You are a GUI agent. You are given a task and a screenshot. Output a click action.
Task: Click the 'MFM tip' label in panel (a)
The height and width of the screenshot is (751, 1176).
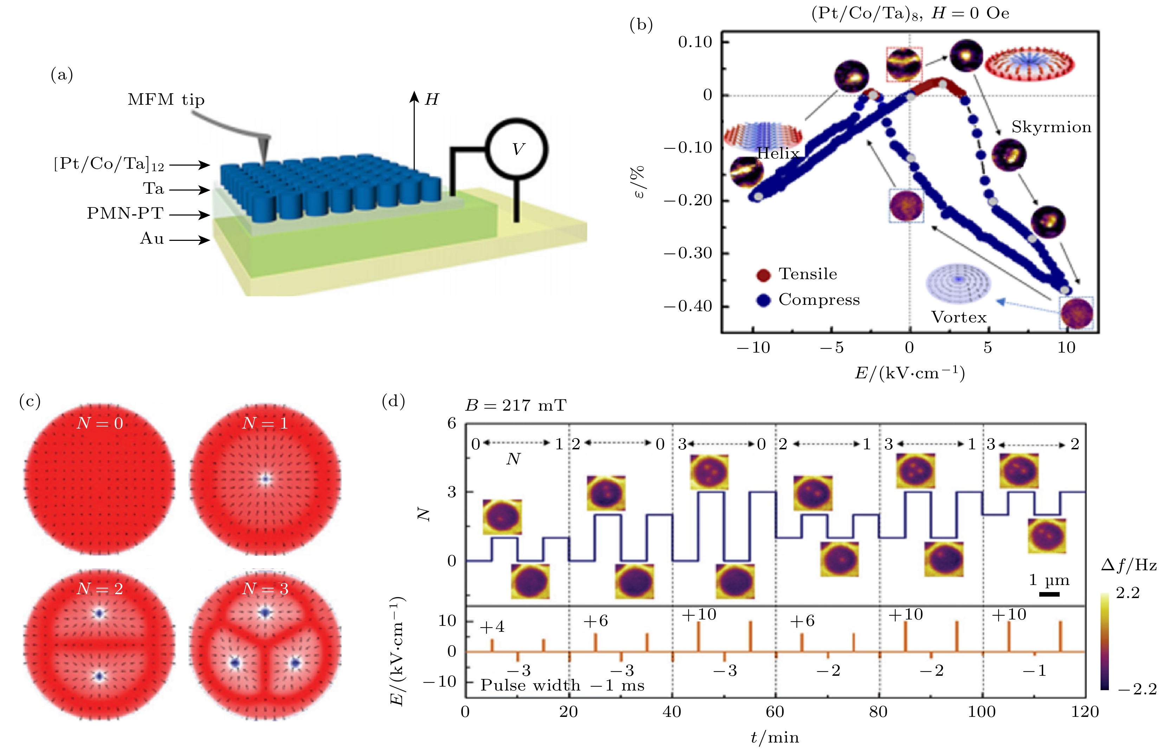(x=166, y=100)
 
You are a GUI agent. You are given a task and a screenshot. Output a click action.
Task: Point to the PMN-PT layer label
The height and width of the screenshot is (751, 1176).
(x=125, y=213)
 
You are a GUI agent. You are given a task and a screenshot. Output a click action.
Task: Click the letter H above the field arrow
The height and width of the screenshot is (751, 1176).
(x=432, y=100)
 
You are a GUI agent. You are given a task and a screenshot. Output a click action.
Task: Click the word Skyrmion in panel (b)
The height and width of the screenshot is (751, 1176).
(x=1051, y=127)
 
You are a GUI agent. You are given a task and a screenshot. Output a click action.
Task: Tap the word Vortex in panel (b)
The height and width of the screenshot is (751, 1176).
(x=959, y=317)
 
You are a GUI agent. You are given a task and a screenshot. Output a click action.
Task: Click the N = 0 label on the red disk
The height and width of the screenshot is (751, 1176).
(x=99, y=423)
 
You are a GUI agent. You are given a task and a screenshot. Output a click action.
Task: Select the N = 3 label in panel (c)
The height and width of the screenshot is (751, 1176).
(x=265, y=589)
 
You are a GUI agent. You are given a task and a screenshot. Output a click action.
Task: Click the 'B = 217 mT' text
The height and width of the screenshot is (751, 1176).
(x=516, y=405)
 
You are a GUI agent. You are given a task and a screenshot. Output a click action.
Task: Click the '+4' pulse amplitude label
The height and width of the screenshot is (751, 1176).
(x=492, y=627)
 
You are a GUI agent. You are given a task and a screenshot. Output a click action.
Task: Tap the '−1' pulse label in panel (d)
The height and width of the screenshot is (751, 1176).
(x=1034, y=670)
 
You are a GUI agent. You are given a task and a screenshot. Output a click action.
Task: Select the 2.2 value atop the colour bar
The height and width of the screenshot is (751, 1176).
(x=1127, y=593)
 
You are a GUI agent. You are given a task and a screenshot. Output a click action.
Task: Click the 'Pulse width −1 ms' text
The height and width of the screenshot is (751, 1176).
(x=562, y=686)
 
